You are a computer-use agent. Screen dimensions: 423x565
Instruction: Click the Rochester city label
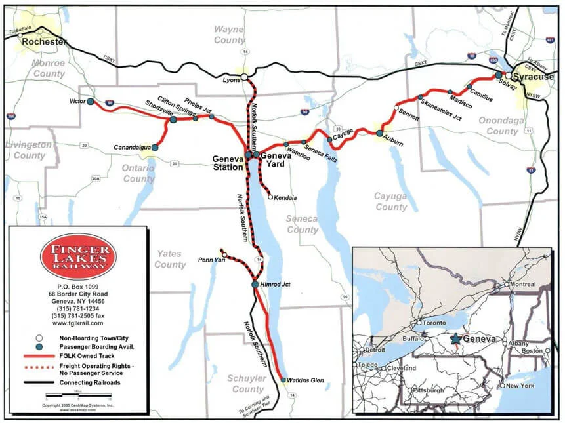(45, 42)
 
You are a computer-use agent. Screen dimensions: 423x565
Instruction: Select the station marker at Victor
(90, 102)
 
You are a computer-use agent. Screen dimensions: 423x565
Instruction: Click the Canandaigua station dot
(155, 148)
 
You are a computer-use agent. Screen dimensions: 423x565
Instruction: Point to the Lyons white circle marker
(244, 77)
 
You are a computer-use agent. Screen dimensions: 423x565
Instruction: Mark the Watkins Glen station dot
(283, 380)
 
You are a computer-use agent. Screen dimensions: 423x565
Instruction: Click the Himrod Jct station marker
(255, 284)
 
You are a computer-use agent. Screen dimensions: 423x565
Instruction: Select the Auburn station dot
(379, 133)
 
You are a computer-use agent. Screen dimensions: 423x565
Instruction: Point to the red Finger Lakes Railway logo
(78, 256)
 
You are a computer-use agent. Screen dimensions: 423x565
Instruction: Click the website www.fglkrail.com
(78, 323)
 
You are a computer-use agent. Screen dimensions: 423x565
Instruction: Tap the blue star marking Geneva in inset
(455, 340)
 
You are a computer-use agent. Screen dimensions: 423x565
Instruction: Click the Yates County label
(170, 259)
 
